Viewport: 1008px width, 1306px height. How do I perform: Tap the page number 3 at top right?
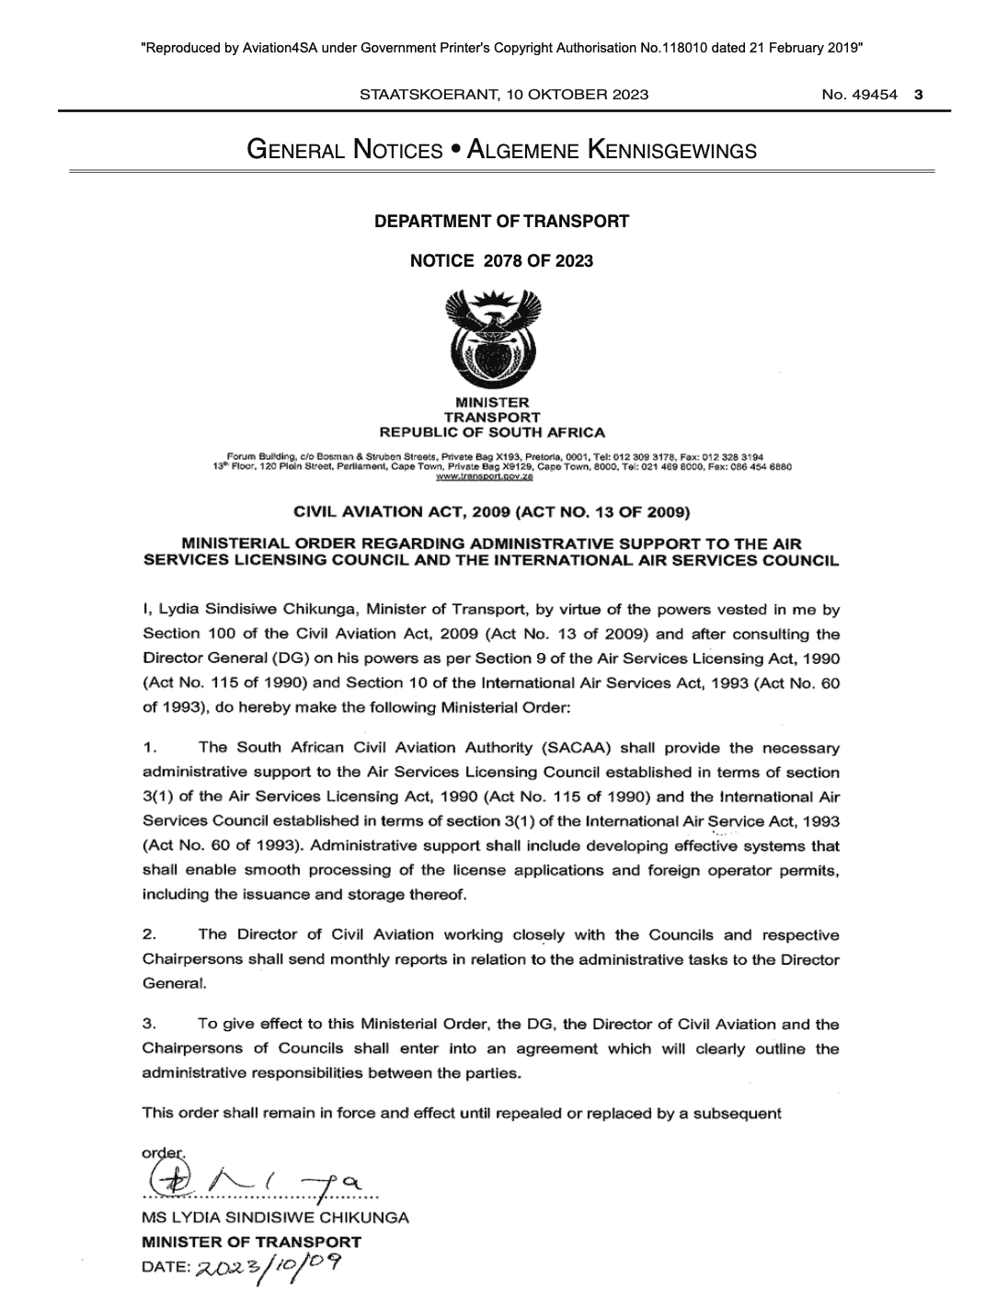[919, 94]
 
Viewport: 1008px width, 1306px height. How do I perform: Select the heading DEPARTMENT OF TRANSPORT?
[501, 221]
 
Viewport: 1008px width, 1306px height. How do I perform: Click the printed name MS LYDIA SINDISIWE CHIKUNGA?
[275, 1218]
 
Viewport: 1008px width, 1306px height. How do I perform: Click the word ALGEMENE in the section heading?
[522, 150]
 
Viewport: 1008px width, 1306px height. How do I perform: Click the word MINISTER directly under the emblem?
[493, 403]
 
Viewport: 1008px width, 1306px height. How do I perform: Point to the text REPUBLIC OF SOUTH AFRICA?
[492, 432]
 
